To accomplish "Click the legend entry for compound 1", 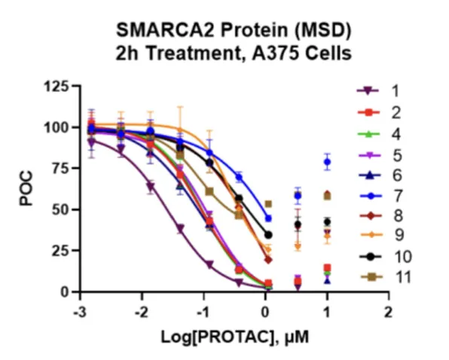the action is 378,91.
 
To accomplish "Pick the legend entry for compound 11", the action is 386,277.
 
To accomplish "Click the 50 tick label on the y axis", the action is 60,210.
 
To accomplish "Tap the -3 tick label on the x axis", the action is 80,313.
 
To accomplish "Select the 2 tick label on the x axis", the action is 388,313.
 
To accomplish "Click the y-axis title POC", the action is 26,188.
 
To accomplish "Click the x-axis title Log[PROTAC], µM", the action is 235,337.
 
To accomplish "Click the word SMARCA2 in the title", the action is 165,30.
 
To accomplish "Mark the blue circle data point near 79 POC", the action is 327,162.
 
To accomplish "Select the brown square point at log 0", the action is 268,204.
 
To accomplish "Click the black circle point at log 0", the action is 268,235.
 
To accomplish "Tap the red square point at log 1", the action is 327,268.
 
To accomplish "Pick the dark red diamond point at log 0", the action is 268,260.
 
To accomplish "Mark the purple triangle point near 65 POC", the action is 151,187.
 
